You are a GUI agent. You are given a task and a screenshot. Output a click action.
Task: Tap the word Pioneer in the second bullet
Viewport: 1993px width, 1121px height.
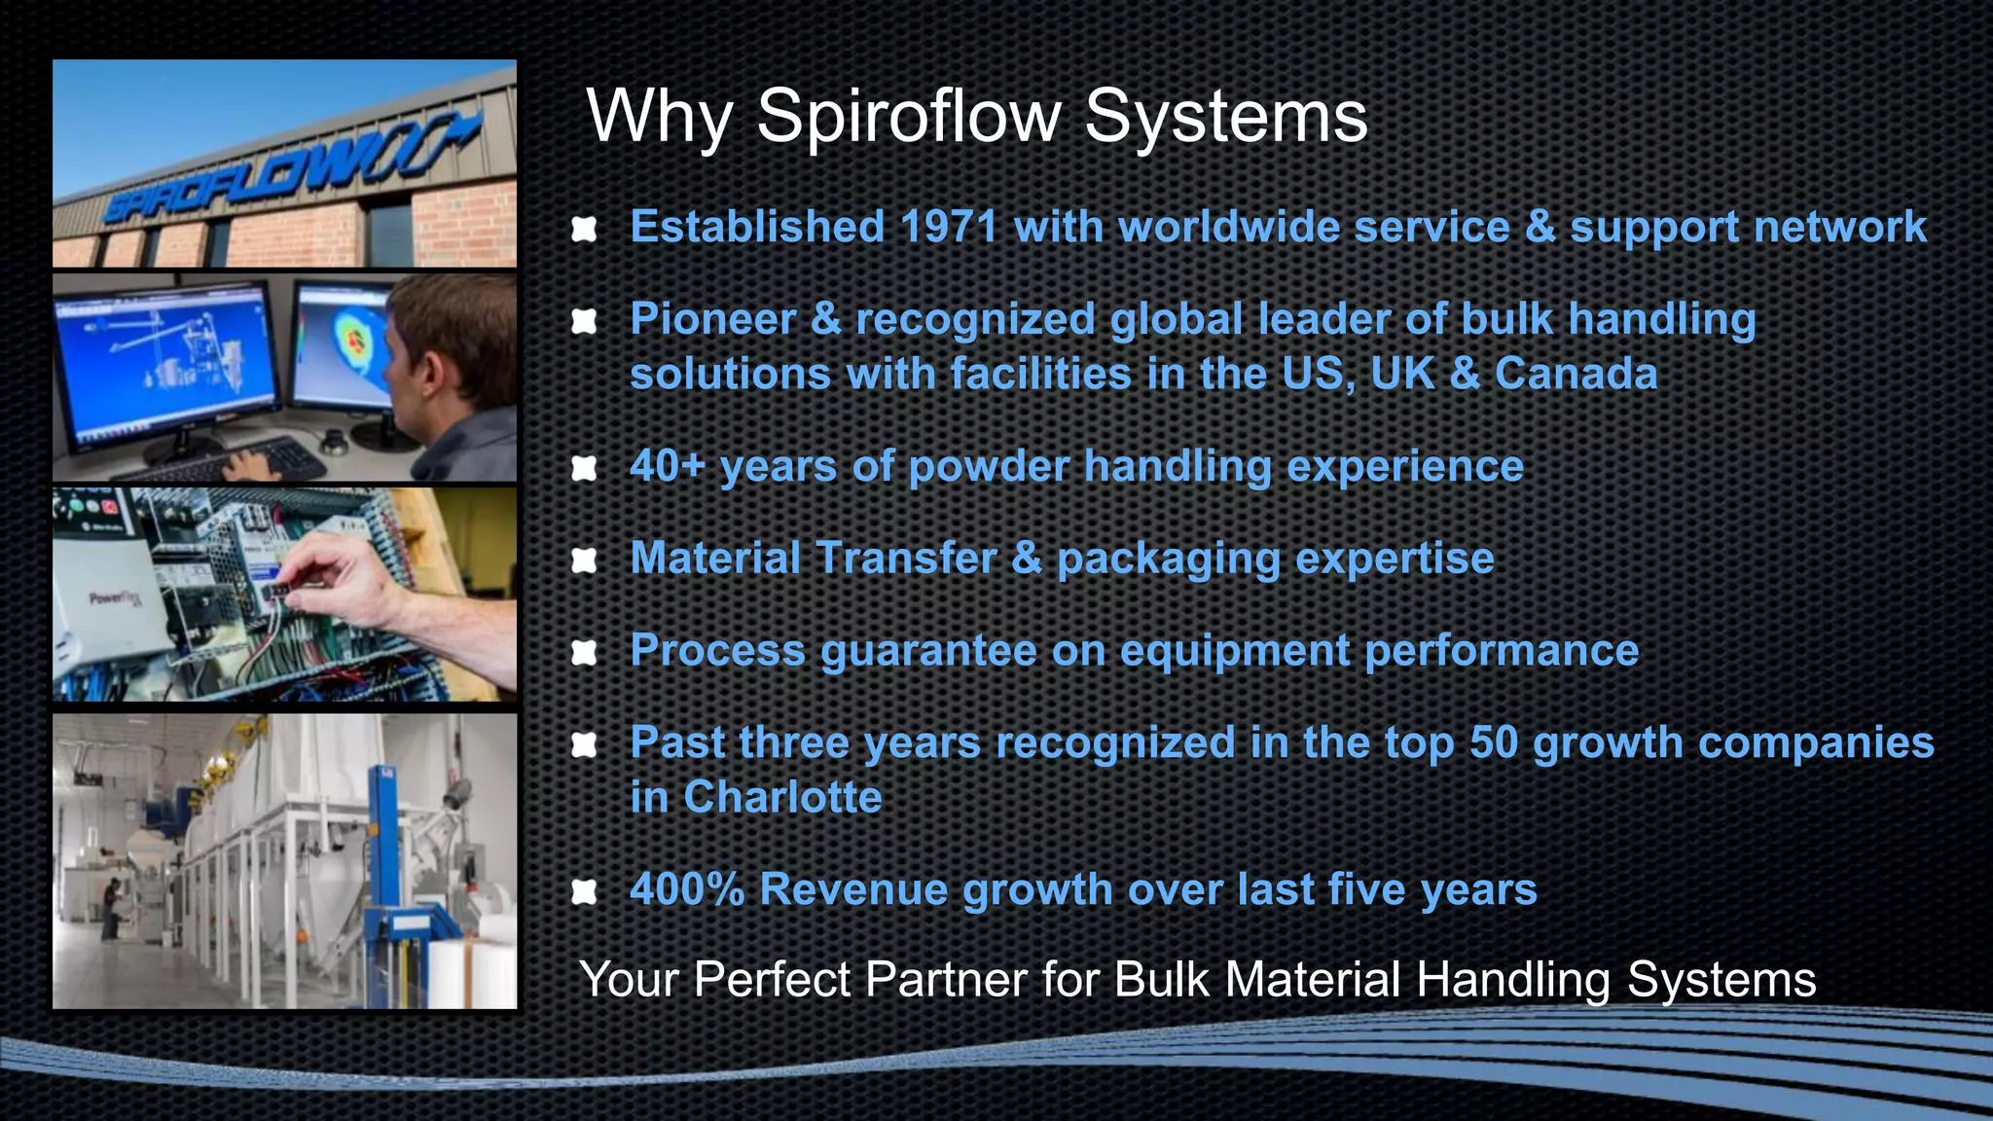[x=712, y=320]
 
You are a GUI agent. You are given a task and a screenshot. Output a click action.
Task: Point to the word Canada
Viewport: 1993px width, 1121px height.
[x=1576, y=375]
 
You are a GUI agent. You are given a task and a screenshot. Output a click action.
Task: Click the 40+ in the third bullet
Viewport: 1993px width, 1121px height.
[x=667, y=466]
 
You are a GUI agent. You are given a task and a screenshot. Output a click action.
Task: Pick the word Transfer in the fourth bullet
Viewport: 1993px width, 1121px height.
[x=906, y=559]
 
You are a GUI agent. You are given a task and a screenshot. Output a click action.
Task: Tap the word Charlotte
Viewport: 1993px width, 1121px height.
[x=782, y=798]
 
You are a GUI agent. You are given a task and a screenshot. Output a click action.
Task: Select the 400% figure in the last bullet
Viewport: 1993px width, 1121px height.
[x=687, y=889]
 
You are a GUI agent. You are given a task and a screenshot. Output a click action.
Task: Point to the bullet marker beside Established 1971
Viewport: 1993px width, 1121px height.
[x=584, y=230]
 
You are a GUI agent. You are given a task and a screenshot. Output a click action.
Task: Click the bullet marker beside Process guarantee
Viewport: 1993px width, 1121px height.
[x=584, y=653]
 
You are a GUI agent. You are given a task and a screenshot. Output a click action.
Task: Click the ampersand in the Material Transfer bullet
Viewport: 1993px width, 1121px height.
[x=1027, y=559]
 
